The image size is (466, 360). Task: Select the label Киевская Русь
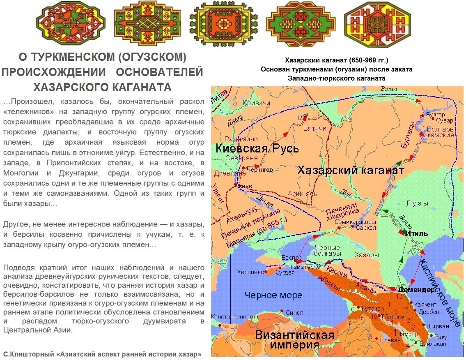257,149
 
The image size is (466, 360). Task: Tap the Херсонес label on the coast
250,272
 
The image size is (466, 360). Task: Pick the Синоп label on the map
294,312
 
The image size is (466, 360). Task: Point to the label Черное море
273,295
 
